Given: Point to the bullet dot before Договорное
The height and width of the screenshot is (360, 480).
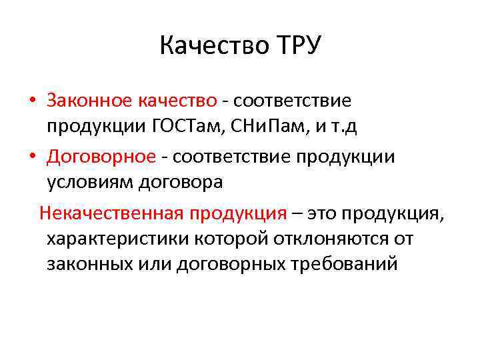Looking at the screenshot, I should point(33,157).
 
